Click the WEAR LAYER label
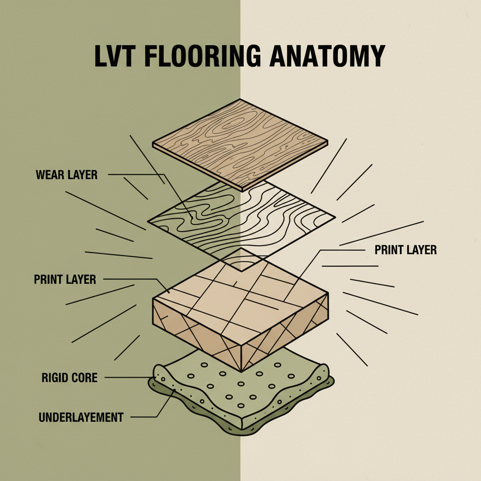[x=66, y=175]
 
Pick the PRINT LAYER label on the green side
[x=65, y=279]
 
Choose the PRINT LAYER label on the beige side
[x=405, y=250]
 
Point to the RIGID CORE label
[x=69, y=377]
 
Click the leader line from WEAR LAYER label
[x=136, y=175]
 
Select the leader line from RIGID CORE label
[x=127, y=377]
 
